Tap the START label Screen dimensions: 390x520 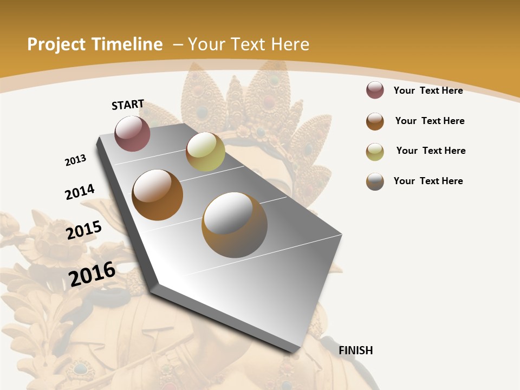(x=128, y=105)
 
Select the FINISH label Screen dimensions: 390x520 (x=356, y=350)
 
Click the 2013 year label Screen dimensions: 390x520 (x=75, y=160)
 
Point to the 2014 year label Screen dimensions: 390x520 (x=80, y=192)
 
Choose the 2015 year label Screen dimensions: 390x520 (x=84, y=230)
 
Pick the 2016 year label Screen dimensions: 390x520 (x=92, y=274)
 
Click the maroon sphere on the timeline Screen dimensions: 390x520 (x=132, y=133)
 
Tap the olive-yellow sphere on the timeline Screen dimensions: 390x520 (x=205, y=152)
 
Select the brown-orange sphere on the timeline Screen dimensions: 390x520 (x=158, y=195)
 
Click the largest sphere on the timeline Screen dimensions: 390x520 (x=235, y=225)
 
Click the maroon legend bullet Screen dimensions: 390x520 (x=375, y=90)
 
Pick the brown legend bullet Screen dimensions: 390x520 (x=375, y=121)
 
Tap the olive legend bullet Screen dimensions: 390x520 (x=375, y=151)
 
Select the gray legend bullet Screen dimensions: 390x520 (x=375, y=181)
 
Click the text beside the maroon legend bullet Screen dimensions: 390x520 (x=428, y=90)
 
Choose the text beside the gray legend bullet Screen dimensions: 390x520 (x=428, y=181)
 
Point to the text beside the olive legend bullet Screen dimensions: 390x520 (x=431, y=151)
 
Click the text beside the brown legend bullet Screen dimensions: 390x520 (x=430, y=121)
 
